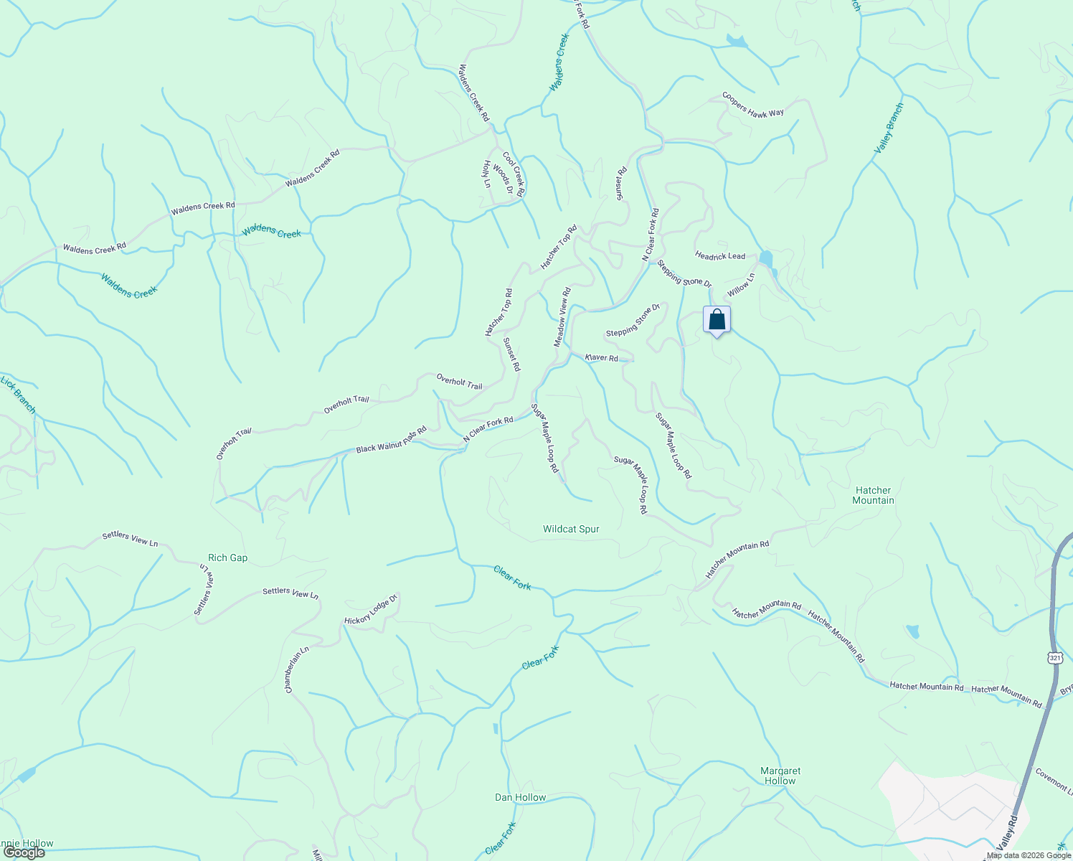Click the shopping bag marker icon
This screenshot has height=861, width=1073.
coord(717,319)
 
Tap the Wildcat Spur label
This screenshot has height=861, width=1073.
coord(571,530)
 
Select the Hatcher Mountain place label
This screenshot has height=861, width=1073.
coord(873,495)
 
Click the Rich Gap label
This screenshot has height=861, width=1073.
coord(227,558)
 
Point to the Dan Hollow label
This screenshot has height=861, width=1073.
coord(520,798)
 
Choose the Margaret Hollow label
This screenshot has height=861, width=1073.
coord(780,776)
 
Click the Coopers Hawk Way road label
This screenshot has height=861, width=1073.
coord(752,105)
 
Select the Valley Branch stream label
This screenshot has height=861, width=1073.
coord(889,128)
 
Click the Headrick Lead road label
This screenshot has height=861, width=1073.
coord(719,255)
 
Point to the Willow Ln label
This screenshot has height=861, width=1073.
coord(741,286)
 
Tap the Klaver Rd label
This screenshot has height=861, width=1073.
coord(601,357)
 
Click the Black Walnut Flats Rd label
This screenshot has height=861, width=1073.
coord(392,440)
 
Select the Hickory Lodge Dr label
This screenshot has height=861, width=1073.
coord(371,610)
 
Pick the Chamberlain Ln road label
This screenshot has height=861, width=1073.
coord(296,669)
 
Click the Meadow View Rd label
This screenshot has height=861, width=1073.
coord(562,317)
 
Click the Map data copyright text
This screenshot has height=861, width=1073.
coord(1028,855)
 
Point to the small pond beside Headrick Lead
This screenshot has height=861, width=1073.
coord(766,258)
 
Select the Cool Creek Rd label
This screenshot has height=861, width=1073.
coord(514,174)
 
